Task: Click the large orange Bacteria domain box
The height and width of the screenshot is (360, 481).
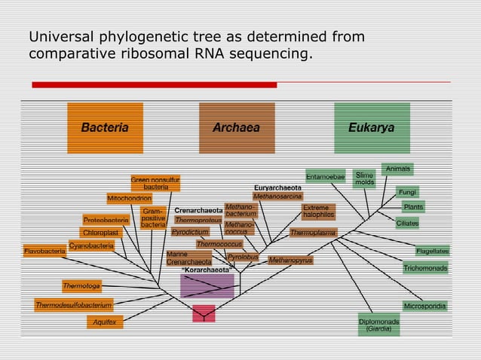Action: click(105, 128)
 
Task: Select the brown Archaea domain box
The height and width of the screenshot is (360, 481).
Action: click(237, 128)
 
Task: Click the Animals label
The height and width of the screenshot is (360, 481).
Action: click(397, 169)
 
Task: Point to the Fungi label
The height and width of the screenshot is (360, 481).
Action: click(408, 192)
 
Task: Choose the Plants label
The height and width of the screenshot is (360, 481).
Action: click(413, 207)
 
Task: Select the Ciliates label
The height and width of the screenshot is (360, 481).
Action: click(408, 223)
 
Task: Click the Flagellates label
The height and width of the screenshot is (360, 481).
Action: click(432, 251)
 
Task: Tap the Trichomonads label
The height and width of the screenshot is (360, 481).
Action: click(425, 268)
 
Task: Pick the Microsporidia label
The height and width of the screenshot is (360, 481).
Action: click(425, 307)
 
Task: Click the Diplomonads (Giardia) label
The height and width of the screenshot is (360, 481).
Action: click(379, 325)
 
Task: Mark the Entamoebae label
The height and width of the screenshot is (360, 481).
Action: click(326, 176)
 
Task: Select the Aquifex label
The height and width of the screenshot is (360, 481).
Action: click(105, 322)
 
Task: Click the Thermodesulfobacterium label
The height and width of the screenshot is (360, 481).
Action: click(74, 305)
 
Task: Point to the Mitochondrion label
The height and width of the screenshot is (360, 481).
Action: click(129, 198)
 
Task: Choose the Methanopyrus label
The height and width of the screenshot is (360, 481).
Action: click(290, 261)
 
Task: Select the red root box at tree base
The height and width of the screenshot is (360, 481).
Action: click(204, 313)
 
